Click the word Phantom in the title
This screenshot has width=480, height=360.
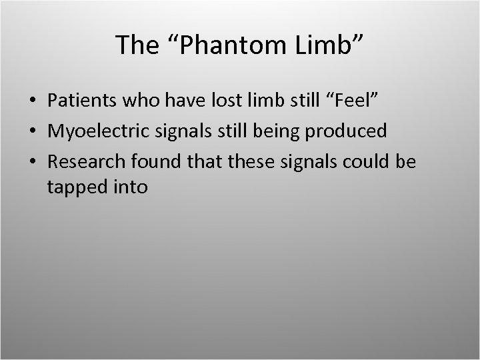pos(219,45)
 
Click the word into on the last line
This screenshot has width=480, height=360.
pos(131,187)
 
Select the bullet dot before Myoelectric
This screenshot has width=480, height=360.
pos(33,132)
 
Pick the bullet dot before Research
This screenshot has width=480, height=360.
pos(33,162)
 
